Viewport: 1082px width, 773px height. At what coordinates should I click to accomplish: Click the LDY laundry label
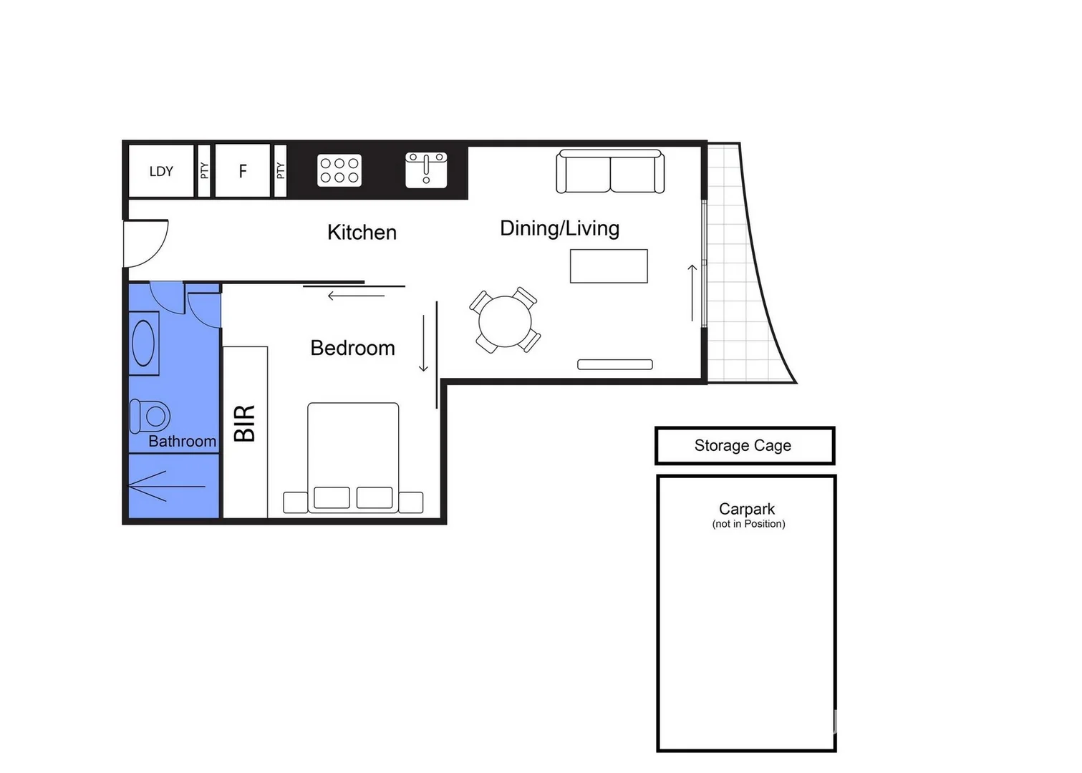[161, 172]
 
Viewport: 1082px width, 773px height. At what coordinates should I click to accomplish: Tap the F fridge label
[243, 171]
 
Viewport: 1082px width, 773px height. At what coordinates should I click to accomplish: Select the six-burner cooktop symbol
[339, 170]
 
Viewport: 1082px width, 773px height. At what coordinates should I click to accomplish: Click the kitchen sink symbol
[426, 170]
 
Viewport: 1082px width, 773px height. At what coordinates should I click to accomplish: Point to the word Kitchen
[362, 233]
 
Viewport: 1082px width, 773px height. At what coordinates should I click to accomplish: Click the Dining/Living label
[559, 228]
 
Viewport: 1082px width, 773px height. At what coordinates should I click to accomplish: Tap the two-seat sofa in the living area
[610, 172]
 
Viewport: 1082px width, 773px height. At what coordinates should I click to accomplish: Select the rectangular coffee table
[609, 266]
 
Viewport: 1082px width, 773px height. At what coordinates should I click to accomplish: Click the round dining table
[506, 321]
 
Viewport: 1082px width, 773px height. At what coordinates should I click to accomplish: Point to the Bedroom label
[352, 348]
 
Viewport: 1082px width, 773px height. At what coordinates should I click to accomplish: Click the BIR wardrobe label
[245, 423]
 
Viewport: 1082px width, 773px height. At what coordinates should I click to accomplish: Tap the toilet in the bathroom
[150, 415]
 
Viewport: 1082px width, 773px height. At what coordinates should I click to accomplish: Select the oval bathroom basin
[143, 344]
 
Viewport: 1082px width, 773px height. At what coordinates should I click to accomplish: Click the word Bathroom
[182, 442]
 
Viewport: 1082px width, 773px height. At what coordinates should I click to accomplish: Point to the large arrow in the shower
[166, 486]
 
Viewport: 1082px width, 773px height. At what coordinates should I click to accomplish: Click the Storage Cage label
[743, 446]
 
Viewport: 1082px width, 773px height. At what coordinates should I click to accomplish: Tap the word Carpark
[747, 509]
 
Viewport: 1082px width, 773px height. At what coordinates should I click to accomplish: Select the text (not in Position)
[748, 524]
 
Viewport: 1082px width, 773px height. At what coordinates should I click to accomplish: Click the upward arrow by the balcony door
[692, 293]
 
